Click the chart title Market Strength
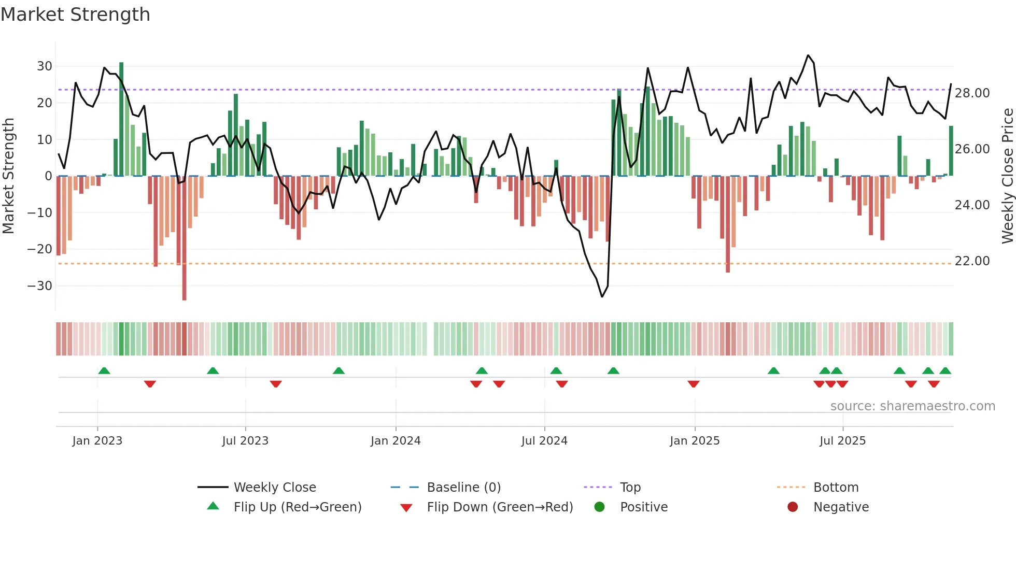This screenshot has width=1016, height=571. (x=75, y=15)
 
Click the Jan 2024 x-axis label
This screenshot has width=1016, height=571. (x=396, y=441)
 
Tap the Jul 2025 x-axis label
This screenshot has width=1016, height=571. (x=842, y=441)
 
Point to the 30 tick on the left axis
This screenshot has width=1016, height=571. (x=45, y=66)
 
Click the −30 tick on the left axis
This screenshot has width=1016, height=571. (x=40, y=286)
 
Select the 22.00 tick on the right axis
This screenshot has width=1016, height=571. (x=972, y=261)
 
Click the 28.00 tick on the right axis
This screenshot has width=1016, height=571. (x=972, y=93)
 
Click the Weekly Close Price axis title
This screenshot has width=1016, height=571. (x=1007, y=176)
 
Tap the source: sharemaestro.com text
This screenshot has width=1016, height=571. (x=912, y=406)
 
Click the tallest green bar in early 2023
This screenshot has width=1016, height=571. (x=121, y=119)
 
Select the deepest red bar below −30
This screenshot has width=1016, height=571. (x=184, y=238)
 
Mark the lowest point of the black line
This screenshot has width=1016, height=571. (x=602, y=296)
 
